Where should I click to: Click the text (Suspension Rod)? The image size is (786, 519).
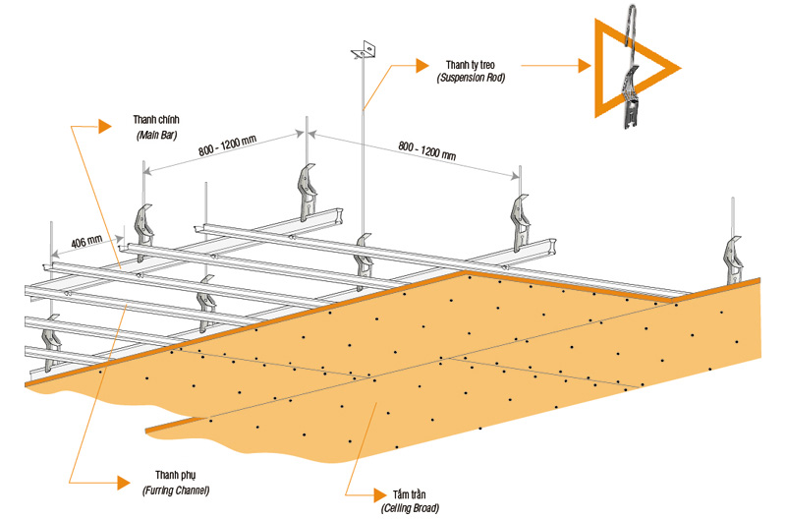tap(471, 77)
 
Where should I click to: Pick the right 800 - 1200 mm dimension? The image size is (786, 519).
tap(426, 150)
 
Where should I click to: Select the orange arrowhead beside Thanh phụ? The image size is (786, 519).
tap(122, 482)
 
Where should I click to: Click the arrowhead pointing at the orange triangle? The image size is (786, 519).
tap(587, 67)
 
